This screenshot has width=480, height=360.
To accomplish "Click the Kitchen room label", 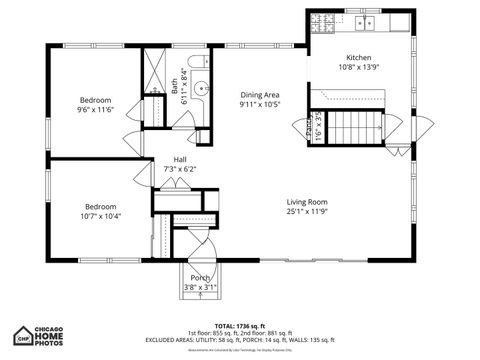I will coord(359,57).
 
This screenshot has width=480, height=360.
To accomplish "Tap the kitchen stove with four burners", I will coord(323,21).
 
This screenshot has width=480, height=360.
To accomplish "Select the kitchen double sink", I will coord(367,21).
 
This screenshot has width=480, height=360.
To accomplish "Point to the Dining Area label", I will coord(259,95).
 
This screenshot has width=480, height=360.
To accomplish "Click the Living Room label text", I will coord(307,201).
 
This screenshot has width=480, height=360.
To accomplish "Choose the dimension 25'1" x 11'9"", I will coord(307,211).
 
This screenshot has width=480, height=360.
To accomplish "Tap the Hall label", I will coord(180,159).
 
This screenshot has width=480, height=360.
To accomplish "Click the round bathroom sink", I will coord(203,88).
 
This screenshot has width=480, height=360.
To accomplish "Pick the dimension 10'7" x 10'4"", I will coord(100,216).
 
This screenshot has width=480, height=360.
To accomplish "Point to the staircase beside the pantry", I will coord(350,127).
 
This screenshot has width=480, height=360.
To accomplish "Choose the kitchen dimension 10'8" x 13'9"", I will coord(359,68).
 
